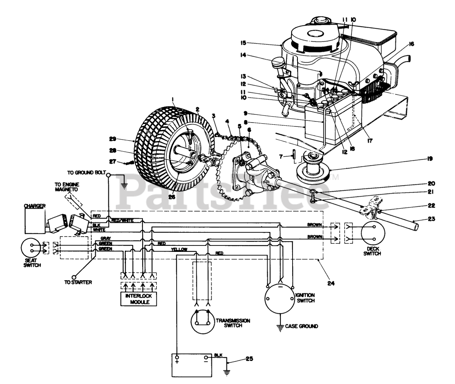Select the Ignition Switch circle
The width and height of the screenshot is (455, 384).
pyautogui.click(x=280, y=299)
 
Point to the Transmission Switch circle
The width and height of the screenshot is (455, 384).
pyautogui.click(x=202, y=321)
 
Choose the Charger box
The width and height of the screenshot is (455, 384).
pyautogui.click(x=35, y=220)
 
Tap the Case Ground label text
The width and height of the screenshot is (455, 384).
pyautogui.click(x=301, y=326)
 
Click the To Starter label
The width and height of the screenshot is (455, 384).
pyautogui.click(x=78, y=282)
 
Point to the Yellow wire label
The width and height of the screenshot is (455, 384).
pyautogui.click(x=179, y=249)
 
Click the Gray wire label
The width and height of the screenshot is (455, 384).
pyautogui.click(x=106, y=238)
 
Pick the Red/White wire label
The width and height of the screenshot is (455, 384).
pyautogui.click(x=123, y=221)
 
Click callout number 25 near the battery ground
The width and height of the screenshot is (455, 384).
pyautogui.click(x=249, y=359)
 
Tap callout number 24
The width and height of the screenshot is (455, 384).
pyautogui.click(x=331, y=283)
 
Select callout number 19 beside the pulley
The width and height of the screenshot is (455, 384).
pyautogui.click(x=430, y=159)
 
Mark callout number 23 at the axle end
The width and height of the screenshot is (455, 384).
pyautogui.click(x=431, y=219)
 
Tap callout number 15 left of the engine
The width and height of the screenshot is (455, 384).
pyautogui.click(x=243, y=43)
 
